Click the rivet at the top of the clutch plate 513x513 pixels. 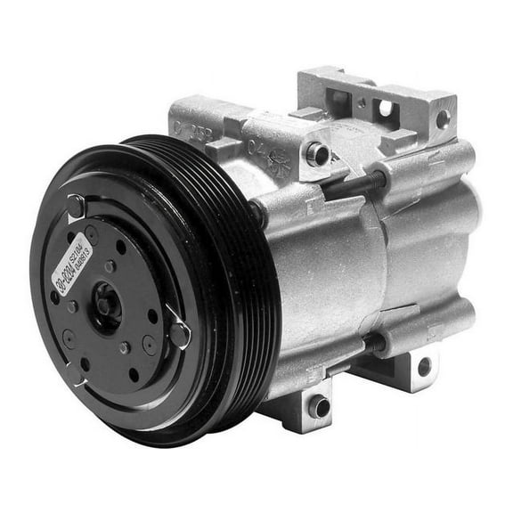[77, 208]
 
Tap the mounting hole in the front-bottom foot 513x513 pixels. [319, 409]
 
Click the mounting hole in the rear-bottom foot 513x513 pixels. [424, 364]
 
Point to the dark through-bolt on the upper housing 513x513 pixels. [356, 183]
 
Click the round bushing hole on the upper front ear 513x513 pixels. [317, 154]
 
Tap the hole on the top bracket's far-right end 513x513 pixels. [443, 119]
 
